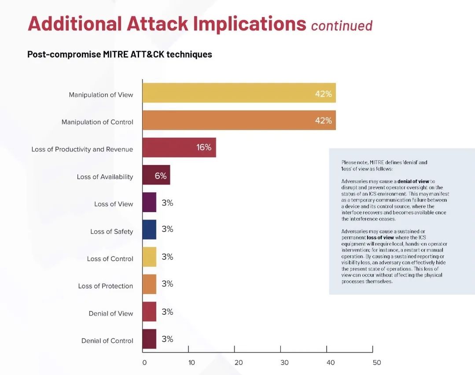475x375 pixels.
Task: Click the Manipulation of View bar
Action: (x=239, y=93)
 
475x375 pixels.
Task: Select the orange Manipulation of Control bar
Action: (x=239, y=120)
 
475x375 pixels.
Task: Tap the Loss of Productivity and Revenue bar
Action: (x=179, y=147)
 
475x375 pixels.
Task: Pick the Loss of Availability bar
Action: (x=156, y=175)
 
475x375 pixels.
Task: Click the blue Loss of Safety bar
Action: (x=149, y=229)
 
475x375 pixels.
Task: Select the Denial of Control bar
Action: (x=149, y=339)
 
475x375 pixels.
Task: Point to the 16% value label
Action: (x=204, y=147)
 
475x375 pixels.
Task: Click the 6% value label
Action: (x=161, y=176)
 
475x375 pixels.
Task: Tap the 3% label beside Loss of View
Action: (x=167, y=203)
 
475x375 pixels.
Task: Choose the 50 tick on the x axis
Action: (x=376, y=363)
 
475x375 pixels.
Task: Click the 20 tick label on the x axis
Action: (x=239, y=363)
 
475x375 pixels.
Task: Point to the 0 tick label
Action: (x=144, y=363)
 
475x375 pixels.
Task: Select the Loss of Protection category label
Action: (x=105, y=286)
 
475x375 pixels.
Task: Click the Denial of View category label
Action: (x=110, y=313)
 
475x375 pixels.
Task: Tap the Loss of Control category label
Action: (x=110, y=259)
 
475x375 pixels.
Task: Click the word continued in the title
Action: (x=342, y=26)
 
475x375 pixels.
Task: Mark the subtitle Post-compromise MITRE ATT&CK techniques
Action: (x=120, y=55)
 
